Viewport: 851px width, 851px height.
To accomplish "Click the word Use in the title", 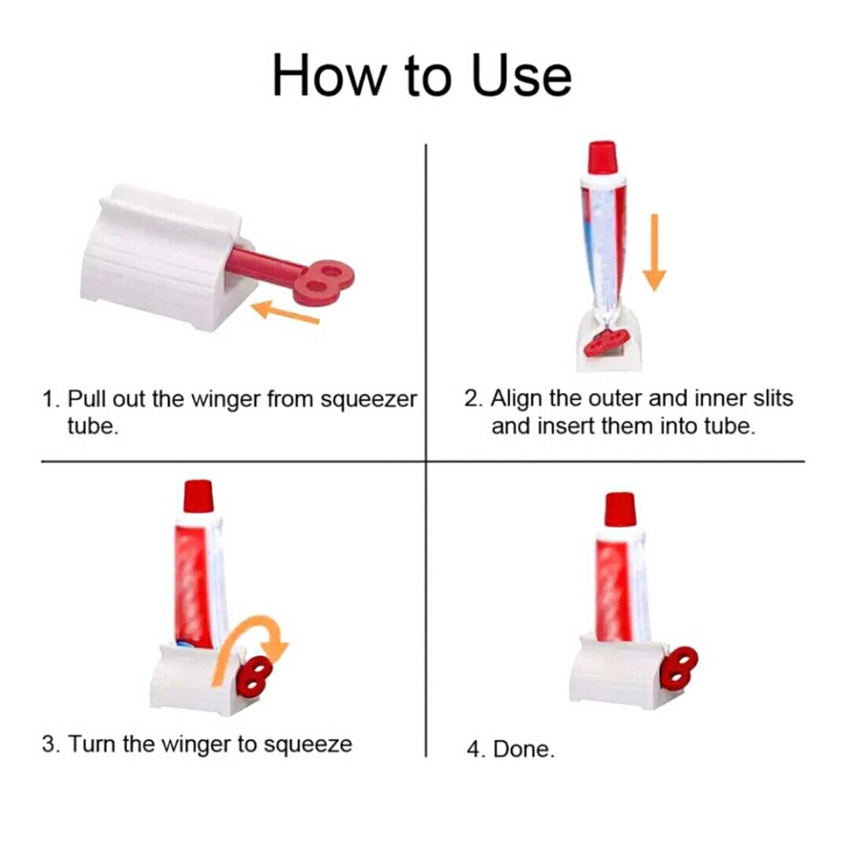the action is [x=522, y=75].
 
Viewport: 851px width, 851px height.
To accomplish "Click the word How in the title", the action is [x=327, y=75].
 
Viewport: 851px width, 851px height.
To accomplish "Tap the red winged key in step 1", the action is [x=293, y=273].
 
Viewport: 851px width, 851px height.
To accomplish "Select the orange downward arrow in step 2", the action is [x=655, y=252].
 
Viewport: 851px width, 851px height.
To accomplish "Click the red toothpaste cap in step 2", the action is [x=603, y=158].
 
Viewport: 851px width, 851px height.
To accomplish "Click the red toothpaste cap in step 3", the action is [x=199, y=497].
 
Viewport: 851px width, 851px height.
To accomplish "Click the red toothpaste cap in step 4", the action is [x=620, y=509].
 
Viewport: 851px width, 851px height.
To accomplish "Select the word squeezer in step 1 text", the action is [x=368, y=400].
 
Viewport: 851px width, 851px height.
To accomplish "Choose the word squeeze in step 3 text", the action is [x=307, y=745].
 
